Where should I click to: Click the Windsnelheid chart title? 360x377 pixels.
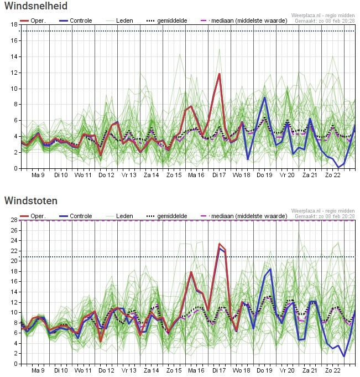coord(36,7)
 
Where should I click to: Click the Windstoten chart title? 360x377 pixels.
coord(32,200)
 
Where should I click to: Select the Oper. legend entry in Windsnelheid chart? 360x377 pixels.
coord(33,20)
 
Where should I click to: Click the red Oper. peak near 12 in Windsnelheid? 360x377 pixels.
coord(220,74)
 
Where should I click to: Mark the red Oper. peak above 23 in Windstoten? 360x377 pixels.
coord(220,244)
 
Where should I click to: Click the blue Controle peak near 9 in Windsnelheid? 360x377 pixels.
coord(265,98)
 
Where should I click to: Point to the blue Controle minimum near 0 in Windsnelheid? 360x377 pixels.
coord(338,167)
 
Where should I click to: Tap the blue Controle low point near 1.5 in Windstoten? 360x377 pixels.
coord(344,356)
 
